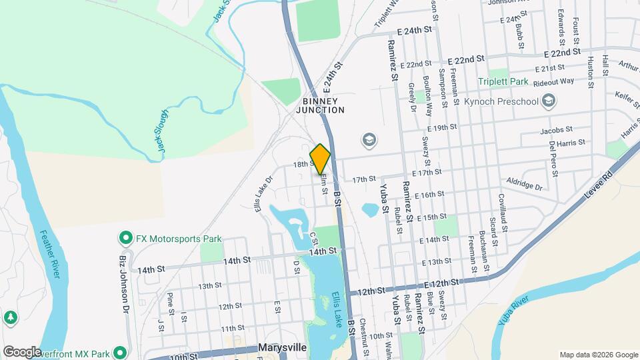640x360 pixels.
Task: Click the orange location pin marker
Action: coord(320,158)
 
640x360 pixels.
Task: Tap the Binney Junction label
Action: coord(320,105)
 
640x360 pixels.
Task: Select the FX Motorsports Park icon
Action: coord(125,238)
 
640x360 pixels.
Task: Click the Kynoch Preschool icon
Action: coord(549,101)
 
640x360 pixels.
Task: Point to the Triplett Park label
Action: coord(502,81)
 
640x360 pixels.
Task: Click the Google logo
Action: coord(22,351)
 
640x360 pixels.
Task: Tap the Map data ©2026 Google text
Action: coord(597,355)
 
